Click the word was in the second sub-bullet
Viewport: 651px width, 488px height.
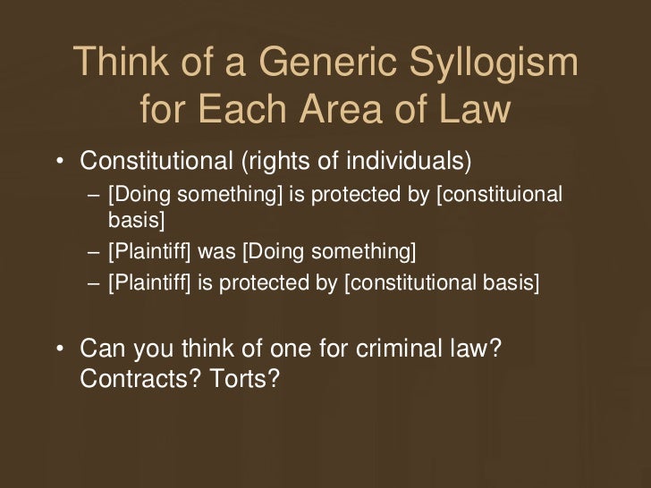[215, 249]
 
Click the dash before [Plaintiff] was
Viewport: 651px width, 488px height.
[94, 250]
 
